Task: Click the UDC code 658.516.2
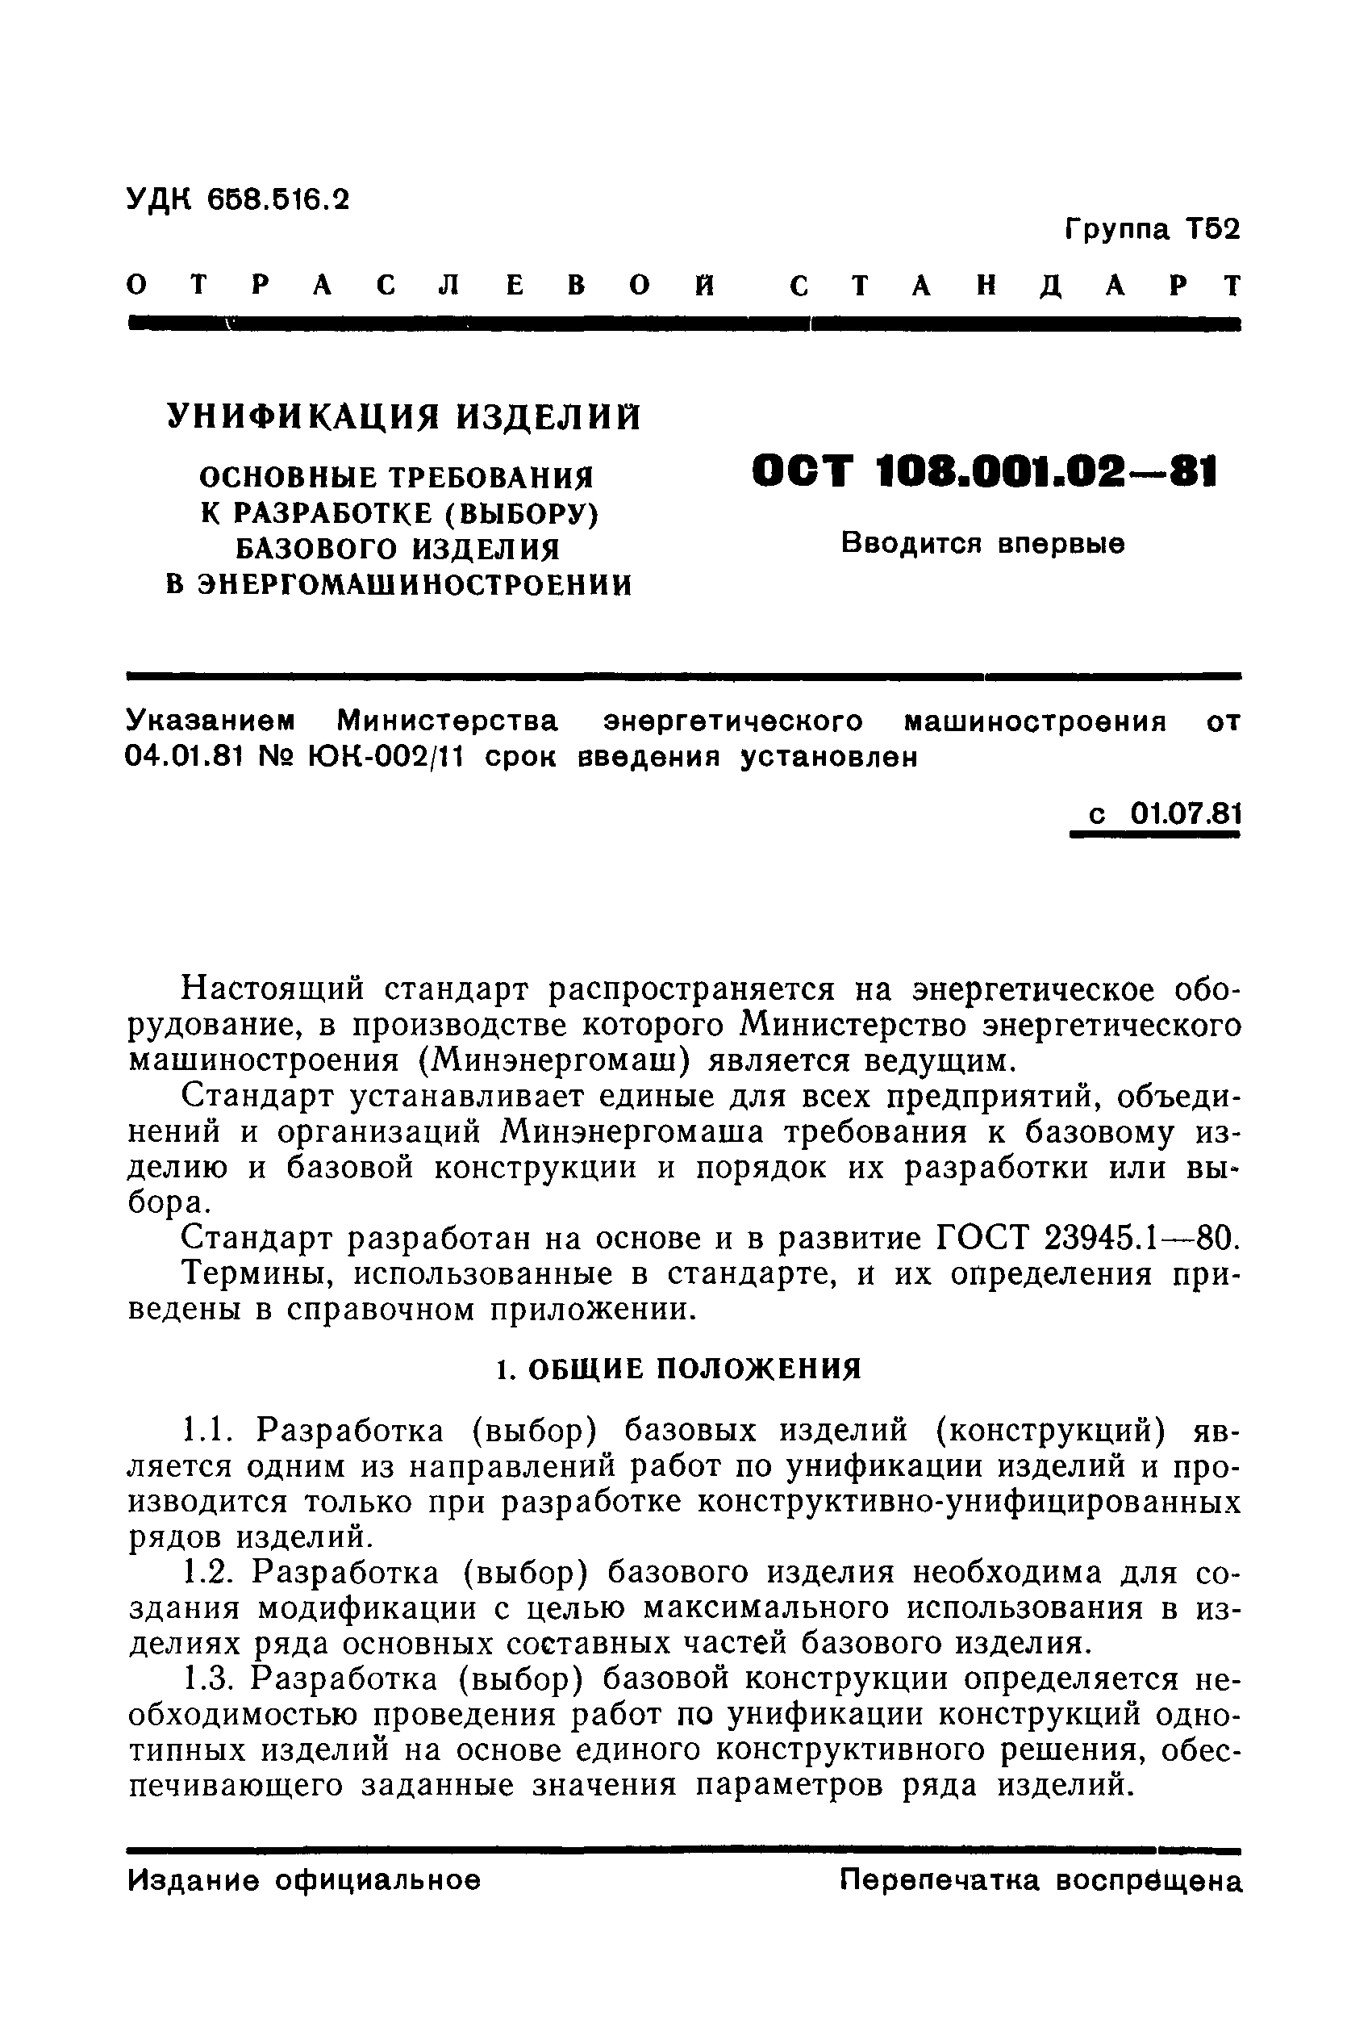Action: coord(277,199)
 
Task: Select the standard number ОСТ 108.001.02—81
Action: coord(983,473)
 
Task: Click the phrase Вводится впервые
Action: coord(982,543)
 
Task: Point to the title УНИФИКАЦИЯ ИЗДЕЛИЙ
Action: coord(404,416)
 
